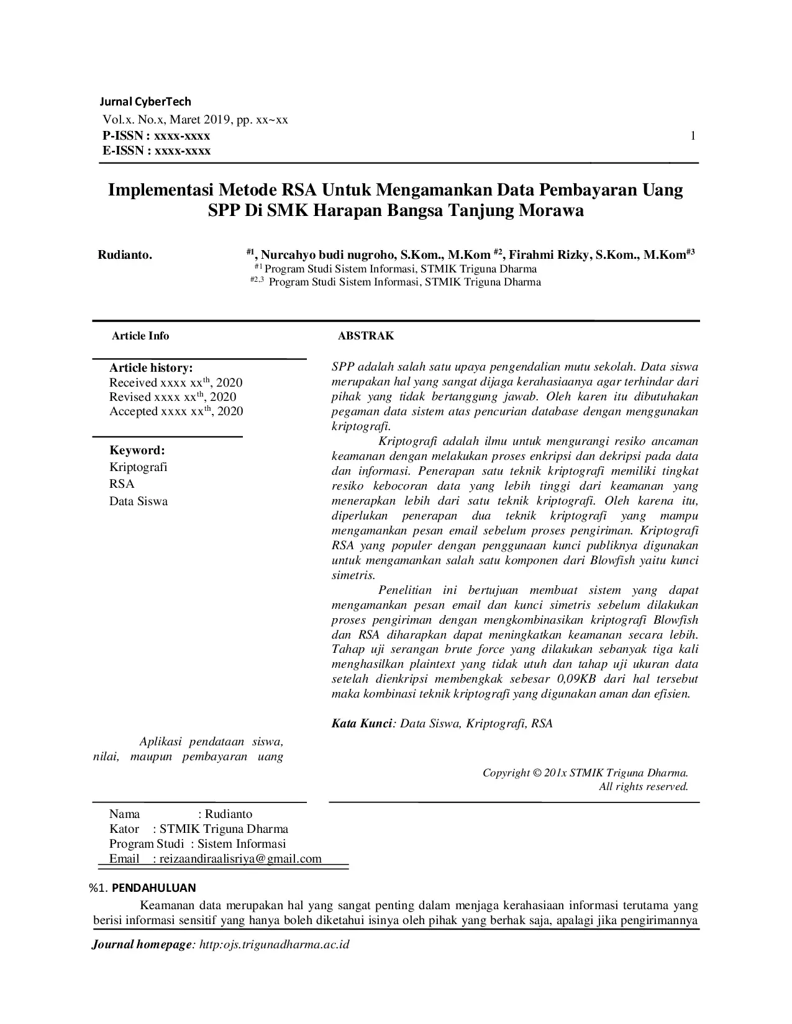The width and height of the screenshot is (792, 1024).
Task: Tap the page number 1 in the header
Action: tap(693, 137)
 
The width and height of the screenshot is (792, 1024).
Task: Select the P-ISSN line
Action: tap(156, 136)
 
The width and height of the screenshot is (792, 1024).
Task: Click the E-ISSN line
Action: tap(157, 151)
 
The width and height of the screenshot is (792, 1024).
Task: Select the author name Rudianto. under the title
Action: tap(125, 255)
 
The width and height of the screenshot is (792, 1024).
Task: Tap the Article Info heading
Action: tap(140, 336)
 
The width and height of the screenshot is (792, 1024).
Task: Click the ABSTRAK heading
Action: tap(365, 336)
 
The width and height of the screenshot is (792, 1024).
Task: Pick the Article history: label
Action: tap(151, 368)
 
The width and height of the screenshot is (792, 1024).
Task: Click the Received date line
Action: tap(176, 383)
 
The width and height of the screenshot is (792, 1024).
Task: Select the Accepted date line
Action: tap(176, 411)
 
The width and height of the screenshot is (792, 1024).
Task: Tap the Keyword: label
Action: tap(137, 451)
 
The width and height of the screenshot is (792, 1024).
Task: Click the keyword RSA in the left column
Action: tap(122, 484)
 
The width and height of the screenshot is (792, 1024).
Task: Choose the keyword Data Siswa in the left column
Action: tap(139, 501)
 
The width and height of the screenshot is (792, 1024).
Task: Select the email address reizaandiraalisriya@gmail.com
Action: tap(240, 859)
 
